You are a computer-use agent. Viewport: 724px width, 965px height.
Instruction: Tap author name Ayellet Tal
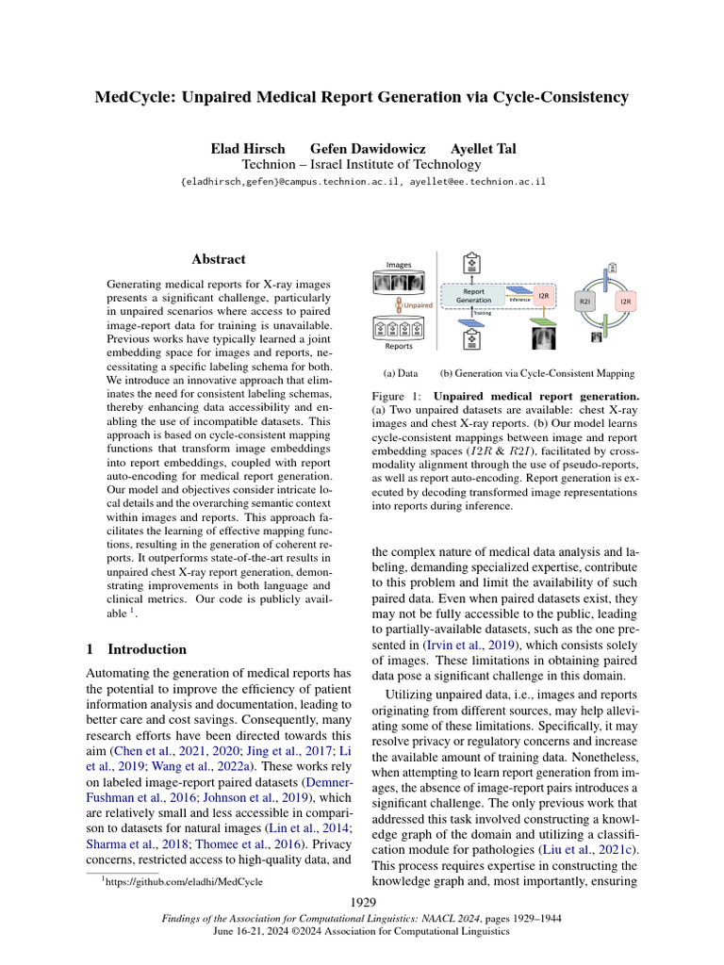(482, 149)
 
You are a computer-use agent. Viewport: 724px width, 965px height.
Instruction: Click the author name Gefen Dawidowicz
(368, 149)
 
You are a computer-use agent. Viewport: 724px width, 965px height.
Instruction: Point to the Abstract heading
(219, 259)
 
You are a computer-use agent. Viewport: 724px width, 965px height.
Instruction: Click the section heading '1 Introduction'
(136, 649)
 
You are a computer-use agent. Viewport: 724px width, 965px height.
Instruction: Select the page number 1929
(362, 903)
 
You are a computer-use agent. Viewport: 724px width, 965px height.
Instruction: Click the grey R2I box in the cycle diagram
(584, 302)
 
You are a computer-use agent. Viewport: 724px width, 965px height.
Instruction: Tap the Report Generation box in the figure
(474, 296)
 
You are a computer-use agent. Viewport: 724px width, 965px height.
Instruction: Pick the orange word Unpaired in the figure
(418, 305)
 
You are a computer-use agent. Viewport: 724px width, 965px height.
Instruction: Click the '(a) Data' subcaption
(400, 373)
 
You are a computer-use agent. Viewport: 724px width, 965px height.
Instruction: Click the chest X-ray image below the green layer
(543, 337)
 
